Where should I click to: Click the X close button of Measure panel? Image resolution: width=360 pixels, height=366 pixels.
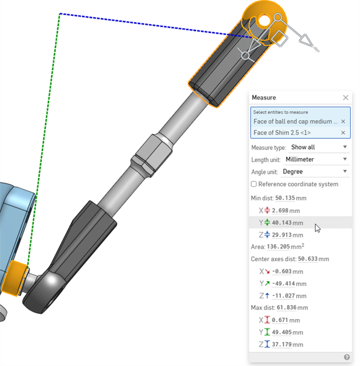tap(345, 98)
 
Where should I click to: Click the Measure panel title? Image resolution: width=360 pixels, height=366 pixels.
tap(263, 98)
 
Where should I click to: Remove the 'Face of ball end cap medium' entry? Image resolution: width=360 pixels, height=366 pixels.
tap(343, 121)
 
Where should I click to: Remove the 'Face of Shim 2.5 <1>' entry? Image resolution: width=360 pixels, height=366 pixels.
tap(343, 132)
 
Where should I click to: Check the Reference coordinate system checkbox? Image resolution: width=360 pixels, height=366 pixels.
tap(254, 184)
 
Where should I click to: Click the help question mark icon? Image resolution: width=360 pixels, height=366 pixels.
tap(347, 357)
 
